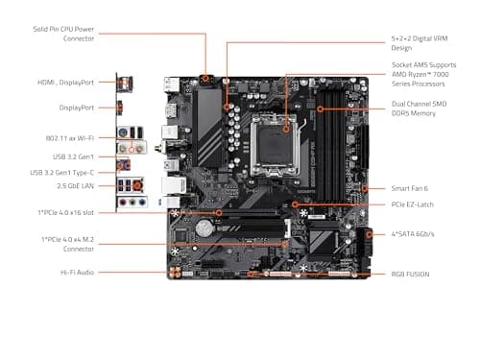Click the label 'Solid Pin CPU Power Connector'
[63, 33]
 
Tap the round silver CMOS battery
[205, 229]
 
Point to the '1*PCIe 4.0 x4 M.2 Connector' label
[66, 243]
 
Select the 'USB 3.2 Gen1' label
[75, 156]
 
